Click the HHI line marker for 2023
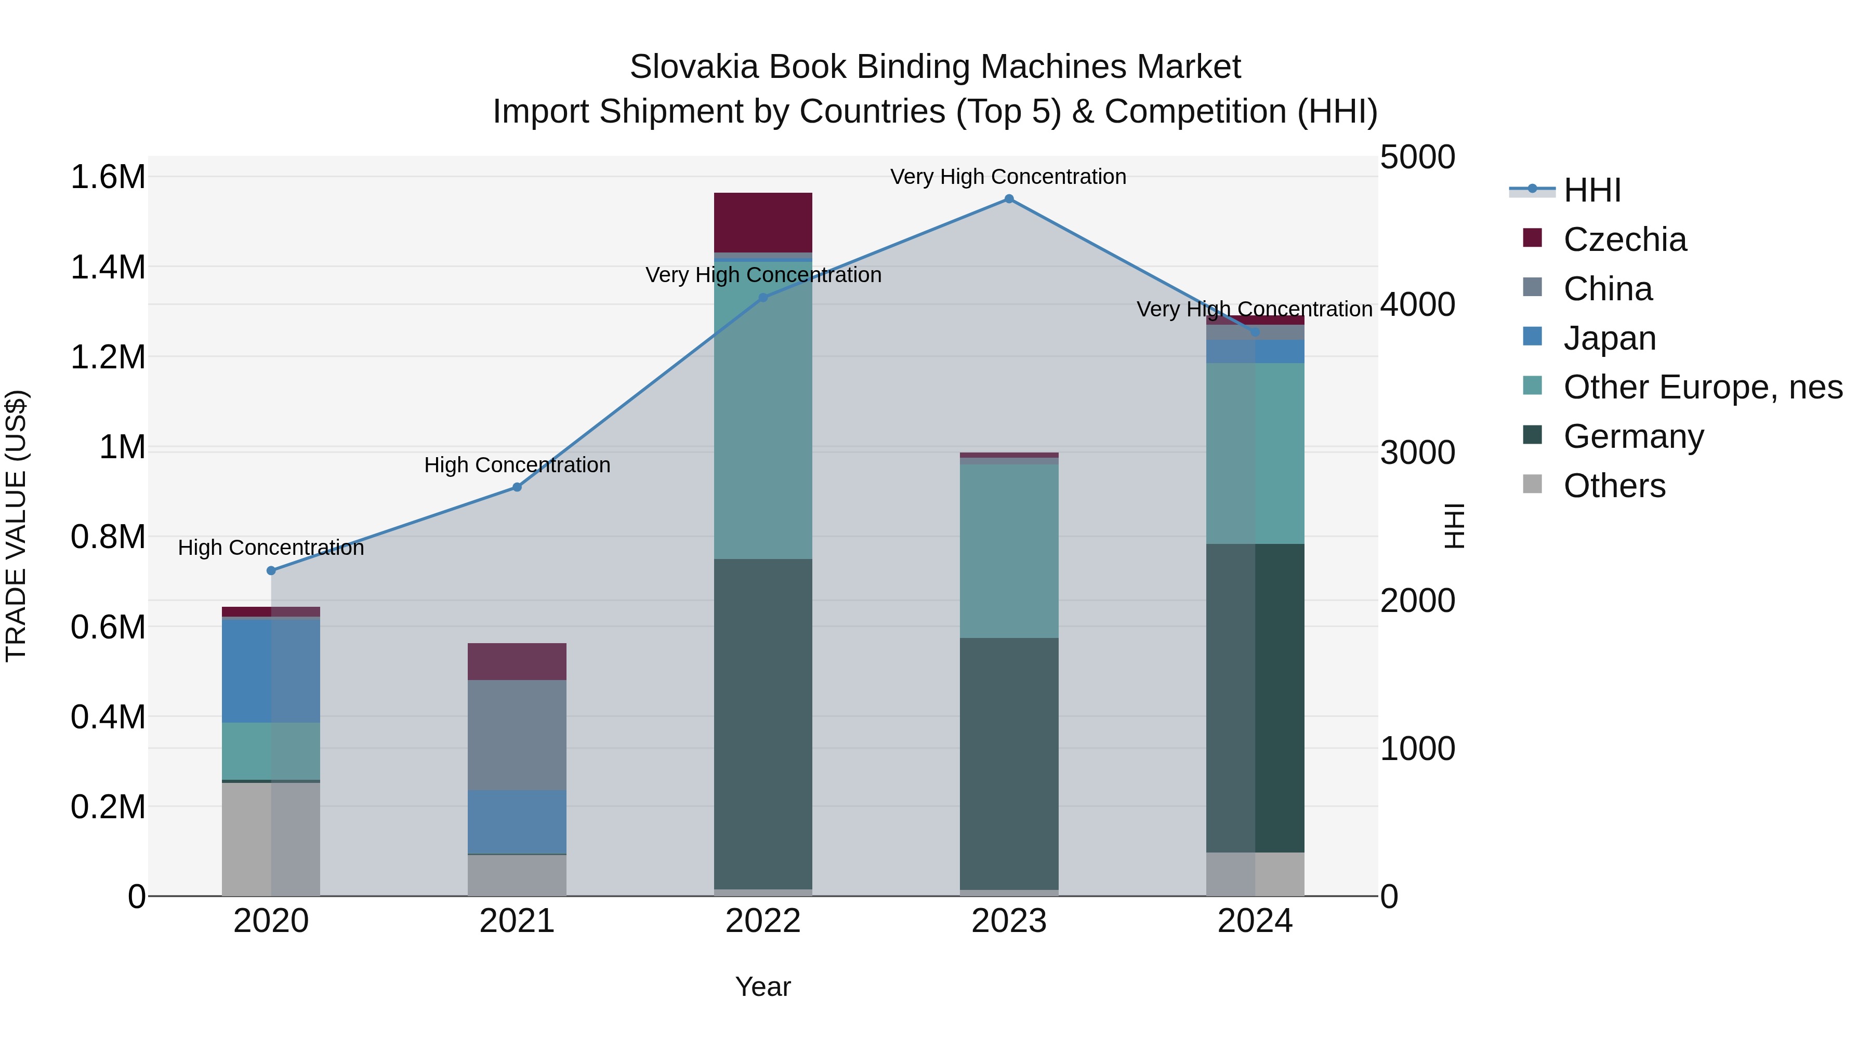click(x=1009, y=199)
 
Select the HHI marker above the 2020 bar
click(x=271, y=570)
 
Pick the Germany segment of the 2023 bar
click(x=1009, y=762)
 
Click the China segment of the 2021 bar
click(x=517, y=734)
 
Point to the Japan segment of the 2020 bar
click(x=271, y=670)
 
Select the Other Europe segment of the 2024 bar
click(x=1255, y=453)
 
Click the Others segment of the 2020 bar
click(x=271, y=838)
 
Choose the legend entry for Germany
click(x=1633, y=436)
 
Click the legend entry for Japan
click(x=1610, y=338)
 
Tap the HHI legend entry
click(x=1592, y=190)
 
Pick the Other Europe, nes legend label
click(x=1703, y=387)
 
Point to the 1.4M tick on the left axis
click(x=108, y=267)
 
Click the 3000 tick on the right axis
click(x=1417, y=452)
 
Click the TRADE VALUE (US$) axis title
click(x=16, y=526)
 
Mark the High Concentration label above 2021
click(x=517, y=464)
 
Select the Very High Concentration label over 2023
click(x=1008, y=177)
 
